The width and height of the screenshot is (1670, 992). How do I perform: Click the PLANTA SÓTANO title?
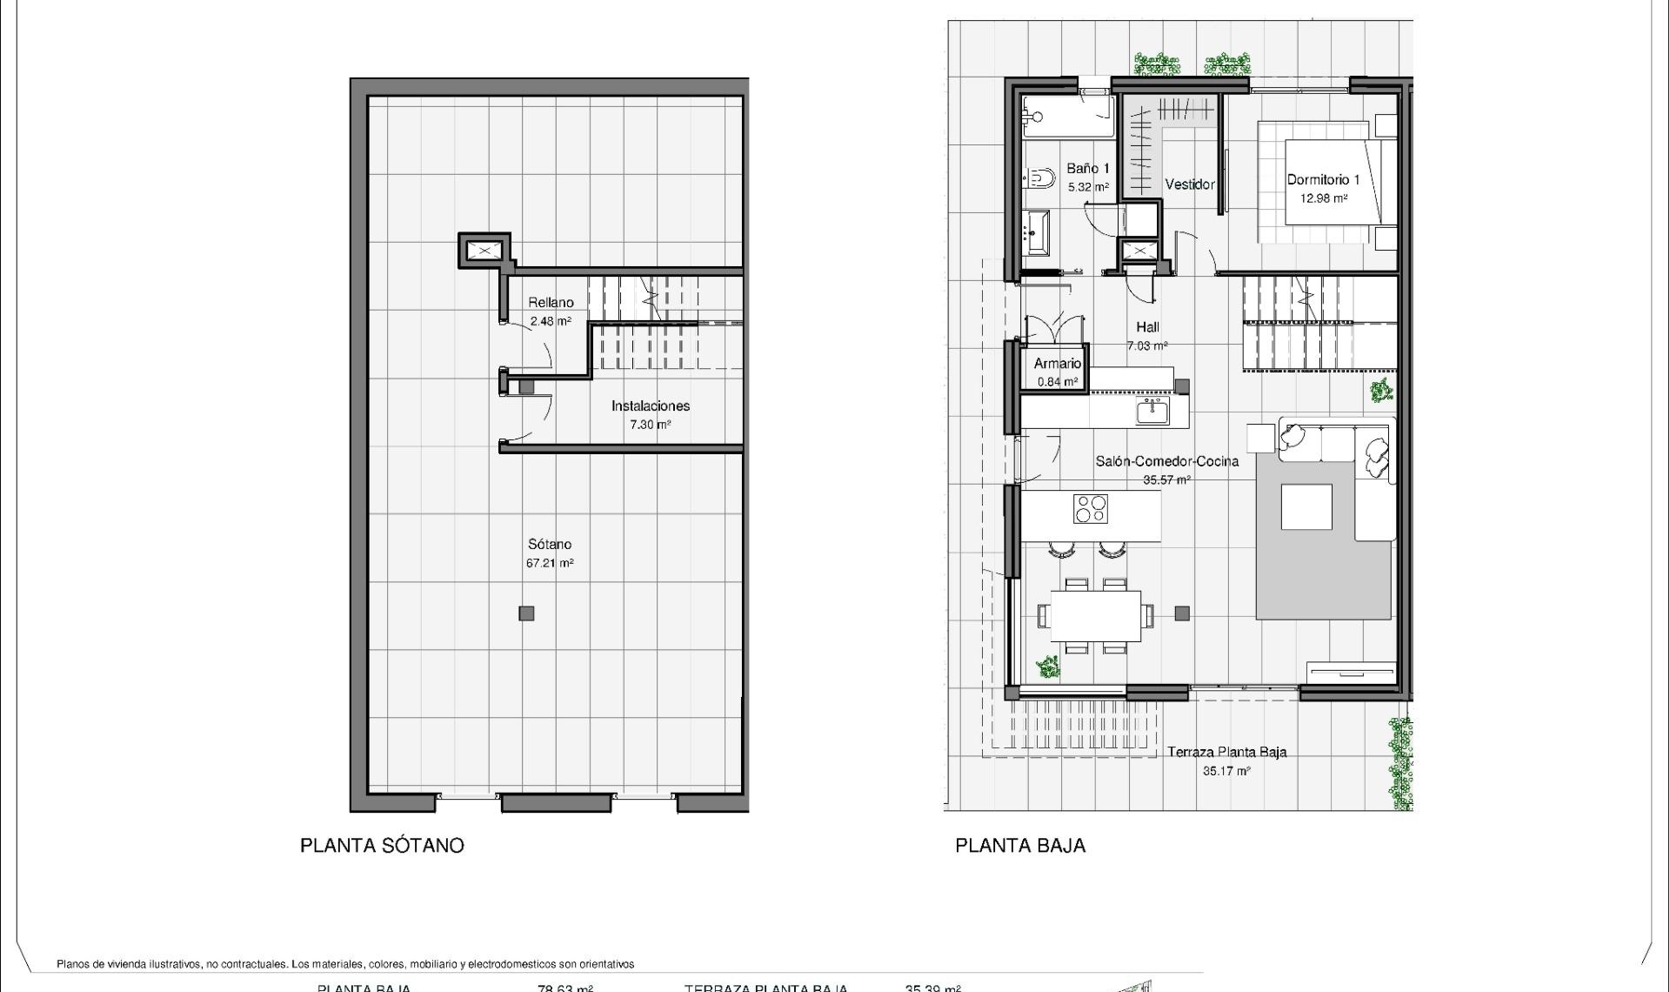[x=382, y=846]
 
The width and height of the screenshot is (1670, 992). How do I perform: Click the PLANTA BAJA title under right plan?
[x=1020, y=846]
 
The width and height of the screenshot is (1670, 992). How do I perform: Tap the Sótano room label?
[x=550, y=545]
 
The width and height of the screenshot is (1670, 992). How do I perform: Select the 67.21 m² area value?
[x=550, y=563]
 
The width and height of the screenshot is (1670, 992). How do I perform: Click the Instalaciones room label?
[x=650, y=406]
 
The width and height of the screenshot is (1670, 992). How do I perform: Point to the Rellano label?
[x=551, y=303]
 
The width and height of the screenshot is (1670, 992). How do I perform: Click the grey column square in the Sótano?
[x=526, y=613]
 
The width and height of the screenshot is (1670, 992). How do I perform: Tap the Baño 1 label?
[x=1088, y=169]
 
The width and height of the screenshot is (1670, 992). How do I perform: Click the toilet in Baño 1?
[x=1039, y=180]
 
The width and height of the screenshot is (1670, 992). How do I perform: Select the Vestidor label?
[x=1189, y=184]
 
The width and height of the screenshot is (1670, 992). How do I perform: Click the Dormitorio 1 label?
[x=1323, y=180]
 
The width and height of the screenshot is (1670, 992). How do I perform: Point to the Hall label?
[x=1147, y=328]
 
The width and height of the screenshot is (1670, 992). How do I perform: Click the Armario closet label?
[x=1057, y=364]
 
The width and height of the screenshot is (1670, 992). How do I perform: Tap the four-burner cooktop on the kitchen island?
[x=1091, y=509]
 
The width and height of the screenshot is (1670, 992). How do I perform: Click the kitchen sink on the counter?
[x=1152, y=410]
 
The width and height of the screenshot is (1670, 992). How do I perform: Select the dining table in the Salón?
[x=1095, y=615]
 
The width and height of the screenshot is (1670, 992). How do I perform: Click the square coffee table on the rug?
[x=1306, y=507]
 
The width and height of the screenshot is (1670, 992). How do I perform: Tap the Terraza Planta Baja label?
[x=1226, y=753]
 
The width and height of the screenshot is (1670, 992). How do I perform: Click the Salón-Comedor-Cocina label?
[x=1166, y=462]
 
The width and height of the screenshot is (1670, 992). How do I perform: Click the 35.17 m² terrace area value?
[x=1226, y=771]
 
